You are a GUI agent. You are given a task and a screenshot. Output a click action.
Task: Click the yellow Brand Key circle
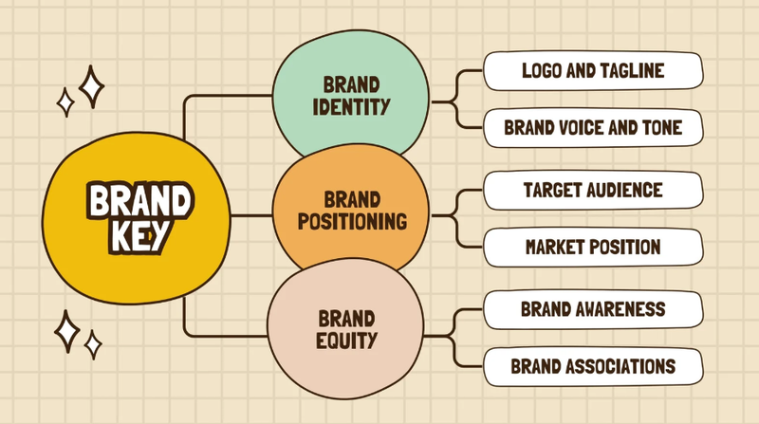(136, 218)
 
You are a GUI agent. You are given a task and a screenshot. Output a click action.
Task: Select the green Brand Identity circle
(350, 95)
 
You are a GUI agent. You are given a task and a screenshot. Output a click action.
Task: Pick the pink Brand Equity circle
(345, 328)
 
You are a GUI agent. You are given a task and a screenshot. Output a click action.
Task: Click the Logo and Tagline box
(593, 71)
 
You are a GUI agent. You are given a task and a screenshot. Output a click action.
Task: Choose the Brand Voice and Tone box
(593, 128)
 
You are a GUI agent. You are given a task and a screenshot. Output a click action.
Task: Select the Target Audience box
(593, 191)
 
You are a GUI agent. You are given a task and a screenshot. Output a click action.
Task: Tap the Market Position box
(593, 248)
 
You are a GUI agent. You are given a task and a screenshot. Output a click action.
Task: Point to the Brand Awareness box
(593, 309)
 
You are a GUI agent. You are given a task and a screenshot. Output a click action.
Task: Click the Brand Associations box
(593, 366)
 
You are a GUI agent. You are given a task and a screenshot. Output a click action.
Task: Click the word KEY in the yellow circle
(139, 236)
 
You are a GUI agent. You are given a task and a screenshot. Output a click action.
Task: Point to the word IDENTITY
(351, 107)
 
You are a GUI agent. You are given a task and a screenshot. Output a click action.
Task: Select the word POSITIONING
(352, 222)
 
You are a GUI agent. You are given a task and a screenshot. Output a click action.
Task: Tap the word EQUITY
(346, 341)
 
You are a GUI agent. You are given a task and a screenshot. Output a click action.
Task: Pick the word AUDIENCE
(624, 190)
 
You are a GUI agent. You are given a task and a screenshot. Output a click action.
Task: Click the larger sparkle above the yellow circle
(91, 86)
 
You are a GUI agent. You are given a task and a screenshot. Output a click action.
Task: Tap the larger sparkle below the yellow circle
(66, 331)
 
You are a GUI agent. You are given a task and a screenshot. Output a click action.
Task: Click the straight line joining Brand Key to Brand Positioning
(251, 215)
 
